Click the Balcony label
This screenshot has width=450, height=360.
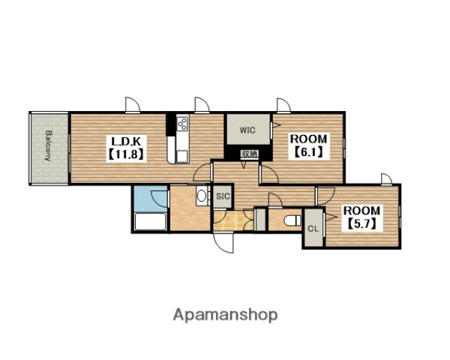click(49, 145)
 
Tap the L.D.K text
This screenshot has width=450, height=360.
click(126, 142)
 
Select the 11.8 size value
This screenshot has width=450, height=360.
click(126, 154)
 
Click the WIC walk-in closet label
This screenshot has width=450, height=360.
click(247, 130)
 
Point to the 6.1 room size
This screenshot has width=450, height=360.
click(308, 152)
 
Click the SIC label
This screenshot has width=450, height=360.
click(223, 196)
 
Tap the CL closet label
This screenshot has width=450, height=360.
click(313, 229)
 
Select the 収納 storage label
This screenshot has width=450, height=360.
click(249, 154)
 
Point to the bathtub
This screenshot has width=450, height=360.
click(151, 221)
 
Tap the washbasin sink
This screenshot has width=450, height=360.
click(202, 196)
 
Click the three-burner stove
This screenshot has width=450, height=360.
click(182, 124)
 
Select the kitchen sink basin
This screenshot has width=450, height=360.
click(182, 157)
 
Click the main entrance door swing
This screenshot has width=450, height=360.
click(223, 242)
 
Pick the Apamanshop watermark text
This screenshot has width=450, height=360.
click(225, 315)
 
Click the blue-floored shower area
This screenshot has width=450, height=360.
click(151, 199)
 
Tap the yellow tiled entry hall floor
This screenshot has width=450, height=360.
click(233, 220)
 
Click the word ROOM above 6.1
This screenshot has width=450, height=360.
click(308, 139)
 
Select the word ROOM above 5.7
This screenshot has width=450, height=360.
click(362, 211)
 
